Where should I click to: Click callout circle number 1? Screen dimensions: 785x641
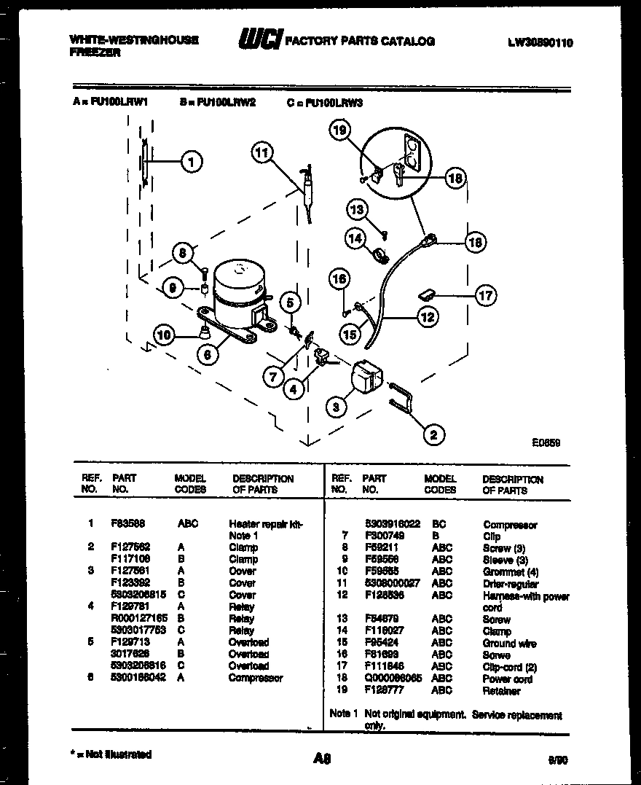point(192,162)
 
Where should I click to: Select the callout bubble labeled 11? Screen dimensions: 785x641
point(262,152)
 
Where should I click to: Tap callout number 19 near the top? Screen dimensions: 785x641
point(339,130)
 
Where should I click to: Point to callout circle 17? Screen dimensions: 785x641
point(485,295)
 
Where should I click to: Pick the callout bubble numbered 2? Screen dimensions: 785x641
point(433,435)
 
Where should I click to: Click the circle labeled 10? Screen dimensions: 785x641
point(165,335)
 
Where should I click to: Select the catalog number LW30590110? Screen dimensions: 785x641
point(540,42)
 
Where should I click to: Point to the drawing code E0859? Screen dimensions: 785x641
point(546,442)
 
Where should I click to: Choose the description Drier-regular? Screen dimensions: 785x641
point(511,583)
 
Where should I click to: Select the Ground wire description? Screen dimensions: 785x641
point(509,643)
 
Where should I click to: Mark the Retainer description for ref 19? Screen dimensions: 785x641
point(501,690)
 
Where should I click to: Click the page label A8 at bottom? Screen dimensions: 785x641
point(322,759)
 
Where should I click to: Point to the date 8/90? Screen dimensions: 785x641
point(557,759)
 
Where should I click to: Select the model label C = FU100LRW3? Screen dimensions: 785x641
point(325,103)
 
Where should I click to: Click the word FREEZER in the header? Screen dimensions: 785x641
point(95,52)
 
